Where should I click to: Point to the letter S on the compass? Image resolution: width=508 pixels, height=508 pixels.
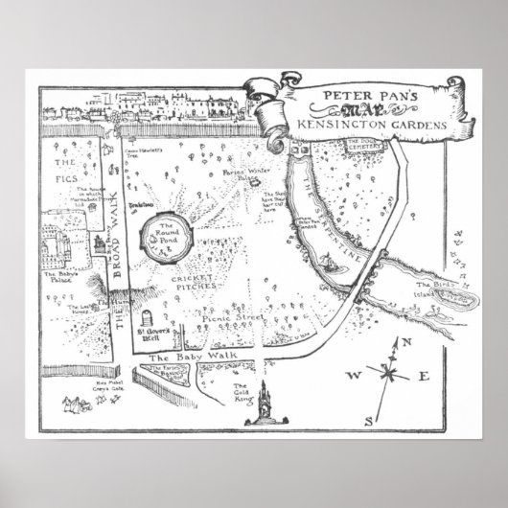(368, 419)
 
